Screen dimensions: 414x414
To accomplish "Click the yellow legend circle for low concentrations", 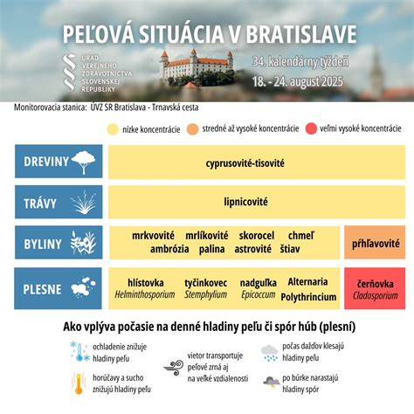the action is tap(112, 129).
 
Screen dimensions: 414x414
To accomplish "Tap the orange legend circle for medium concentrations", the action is tap(195, 129).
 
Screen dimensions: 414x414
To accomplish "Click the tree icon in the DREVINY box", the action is tap(84, 162).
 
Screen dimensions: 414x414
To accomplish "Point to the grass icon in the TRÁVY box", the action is tap(83, 203).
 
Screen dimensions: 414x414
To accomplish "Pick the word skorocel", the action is tap(257, 236).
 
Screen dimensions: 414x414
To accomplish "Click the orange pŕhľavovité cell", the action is tap(373, 242).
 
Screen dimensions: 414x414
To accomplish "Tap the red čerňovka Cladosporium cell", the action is tap(373, 289).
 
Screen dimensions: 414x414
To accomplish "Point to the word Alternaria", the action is tap(307, 281).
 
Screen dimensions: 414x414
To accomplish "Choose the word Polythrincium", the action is tap(307, 296).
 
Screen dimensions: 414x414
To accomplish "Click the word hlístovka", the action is tap(146, 282).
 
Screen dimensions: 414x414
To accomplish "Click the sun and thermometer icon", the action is tap(79, 380).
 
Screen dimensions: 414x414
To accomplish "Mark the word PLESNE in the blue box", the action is tap(43, 288).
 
